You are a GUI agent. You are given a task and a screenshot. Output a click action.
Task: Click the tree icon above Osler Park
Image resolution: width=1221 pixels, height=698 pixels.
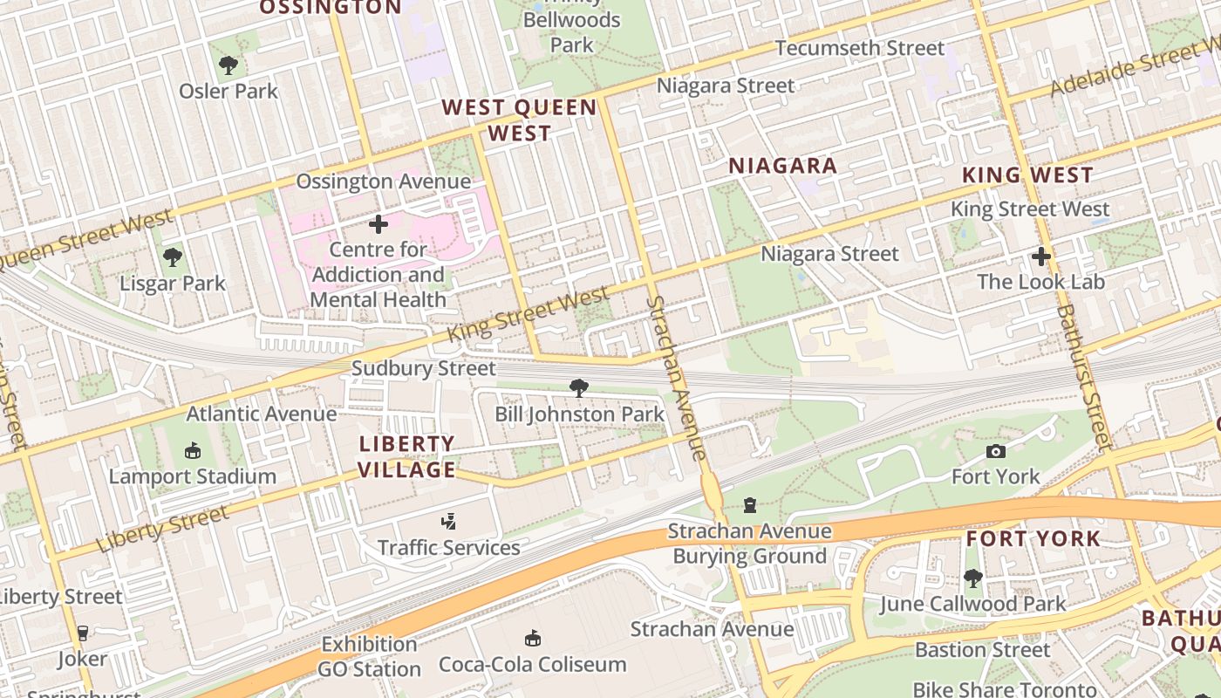click(x=228, y=65)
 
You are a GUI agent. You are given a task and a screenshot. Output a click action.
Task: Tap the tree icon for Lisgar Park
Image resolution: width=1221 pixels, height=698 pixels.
click(x=173, y=257)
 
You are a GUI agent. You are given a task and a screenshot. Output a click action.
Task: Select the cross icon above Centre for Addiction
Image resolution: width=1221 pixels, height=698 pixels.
click(x=379, y=224)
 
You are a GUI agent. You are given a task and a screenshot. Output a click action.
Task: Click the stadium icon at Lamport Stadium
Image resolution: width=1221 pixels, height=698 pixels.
click(x=193, y=450)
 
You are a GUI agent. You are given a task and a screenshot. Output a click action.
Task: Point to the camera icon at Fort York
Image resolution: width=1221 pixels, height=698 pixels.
click(x=995, y=451)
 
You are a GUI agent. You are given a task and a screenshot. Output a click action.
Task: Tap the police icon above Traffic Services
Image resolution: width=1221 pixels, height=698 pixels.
click(x=448, y=522)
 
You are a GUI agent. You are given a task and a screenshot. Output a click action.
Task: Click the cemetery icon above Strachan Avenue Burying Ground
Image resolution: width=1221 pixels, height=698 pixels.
click(x=749, y=505)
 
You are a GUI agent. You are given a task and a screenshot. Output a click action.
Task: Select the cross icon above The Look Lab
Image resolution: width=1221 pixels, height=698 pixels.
click(x=1040, y=257)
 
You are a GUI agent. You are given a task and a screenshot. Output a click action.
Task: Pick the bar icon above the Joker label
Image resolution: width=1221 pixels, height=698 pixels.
click(x=83, y=633)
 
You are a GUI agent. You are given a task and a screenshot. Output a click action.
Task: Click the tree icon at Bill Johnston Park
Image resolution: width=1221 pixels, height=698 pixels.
click(x=578, y=388)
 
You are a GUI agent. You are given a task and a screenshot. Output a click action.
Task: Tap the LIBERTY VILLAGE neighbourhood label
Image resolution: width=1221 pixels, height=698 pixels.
click(x=407, y=457)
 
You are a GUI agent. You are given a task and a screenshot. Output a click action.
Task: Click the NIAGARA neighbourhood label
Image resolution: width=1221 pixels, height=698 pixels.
click(x=782, y=166)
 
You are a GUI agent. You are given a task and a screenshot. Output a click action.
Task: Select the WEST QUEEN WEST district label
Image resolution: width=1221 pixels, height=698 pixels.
click(x=519, y=120)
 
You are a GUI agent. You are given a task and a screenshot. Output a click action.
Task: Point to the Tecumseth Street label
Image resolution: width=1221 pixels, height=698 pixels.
click(x=859, y=48)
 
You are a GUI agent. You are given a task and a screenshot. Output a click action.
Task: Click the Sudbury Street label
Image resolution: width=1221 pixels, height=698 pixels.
click(x=423, y=369)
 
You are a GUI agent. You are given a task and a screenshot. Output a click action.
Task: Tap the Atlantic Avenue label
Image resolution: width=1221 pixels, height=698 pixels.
click(x=262, y=414)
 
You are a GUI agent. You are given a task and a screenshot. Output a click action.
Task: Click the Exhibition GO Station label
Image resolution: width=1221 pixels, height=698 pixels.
click(x=369, y=657)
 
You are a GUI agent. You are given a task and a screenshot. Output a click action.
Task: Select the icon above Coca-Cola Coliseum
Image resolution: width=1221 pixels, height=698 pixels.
click(x=532, y=639)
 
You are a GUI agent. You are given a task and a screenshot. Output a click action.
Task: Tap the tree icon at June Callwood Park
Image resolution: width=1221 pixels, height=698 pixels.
click(x=972, y=578)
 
